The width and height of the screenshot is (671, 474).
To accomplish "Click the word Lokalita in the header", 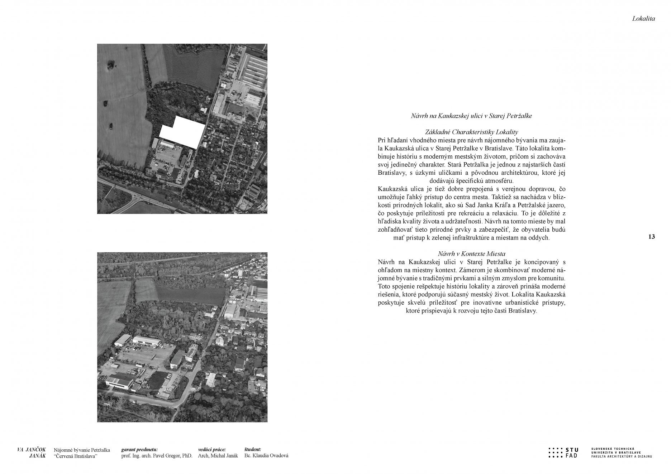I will pos(643,19).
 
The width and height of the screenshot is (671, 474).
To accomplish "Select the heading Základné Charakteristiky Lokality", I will pos(471,132).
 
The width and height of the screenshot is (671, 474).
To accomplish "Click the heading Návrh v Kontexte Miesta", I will pos(471,254).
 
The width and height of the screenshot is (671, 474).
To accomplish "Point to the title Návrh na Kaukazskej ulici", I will pos(471,116).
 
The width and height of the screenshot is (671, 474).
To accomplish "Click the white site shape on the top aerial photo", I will pos(183,132).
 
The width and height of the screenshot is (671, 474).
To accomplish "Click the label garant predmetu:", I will pos(139,449).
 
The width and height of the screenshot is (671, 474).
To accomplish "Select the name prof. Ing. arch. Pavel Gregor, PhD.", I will pos(157,456).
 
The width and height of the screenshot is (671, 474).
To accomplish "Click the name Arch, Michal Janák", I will pos(218,456).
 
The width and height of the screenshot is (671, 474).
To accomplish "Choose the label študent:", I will pos(253,449).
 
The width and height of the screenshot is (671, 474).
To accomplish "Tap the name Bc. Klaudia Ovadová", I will pos(266,456).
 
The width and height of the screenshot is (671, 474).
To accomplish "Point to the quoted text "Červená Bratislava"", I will pos(76,456).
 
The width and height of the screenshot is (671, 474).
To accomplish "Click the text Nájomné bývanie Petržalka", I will pos(82,450).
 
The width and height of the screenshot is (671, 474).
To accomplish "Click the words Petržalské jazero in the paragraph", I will pos(529,205).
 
